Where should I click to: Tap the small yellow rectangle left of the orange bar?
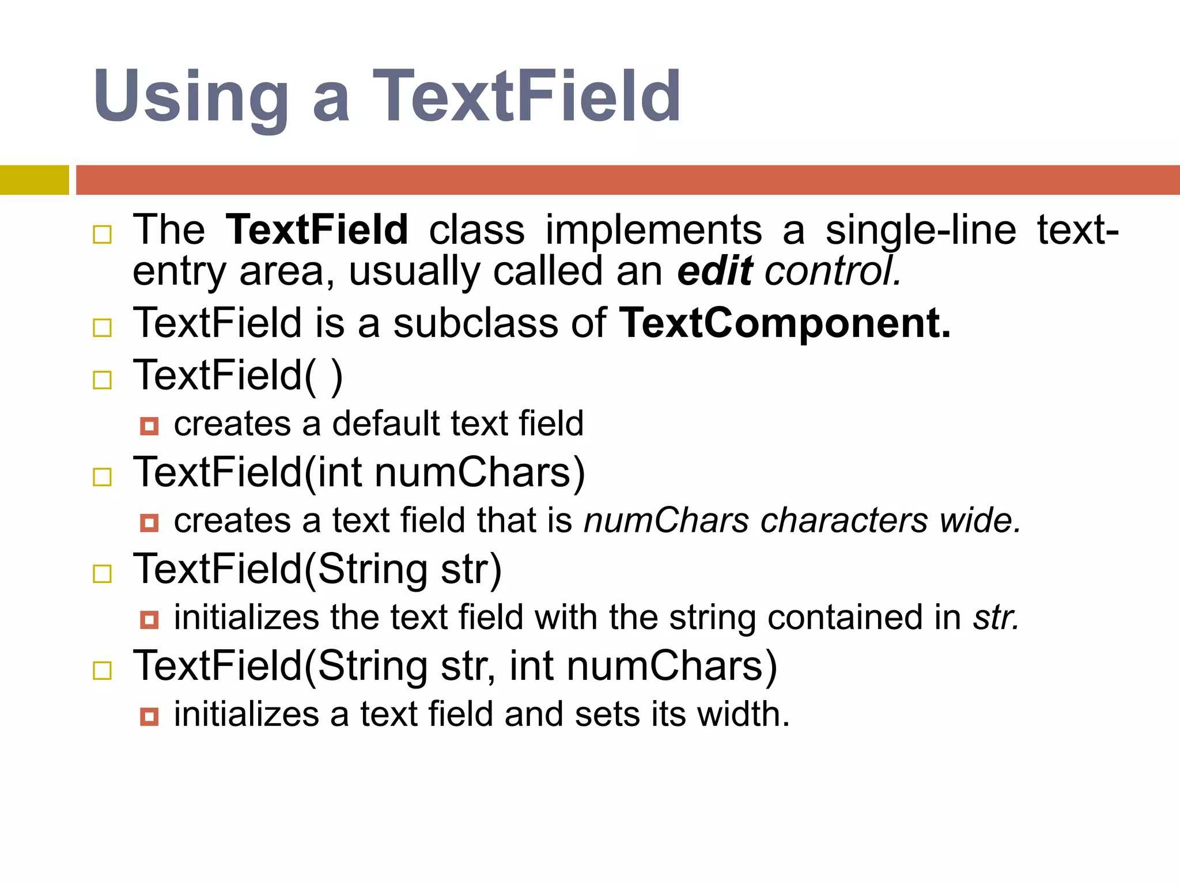pos(34,180)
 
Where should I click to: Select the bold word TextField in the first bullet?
pos(316,230)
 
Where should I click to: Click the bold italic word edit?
pos(714,271)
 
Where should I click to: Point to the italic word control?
pos(832,271)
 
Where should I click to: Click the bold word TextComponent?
pos(784,323)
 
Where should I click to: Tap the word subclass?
pos(476,323)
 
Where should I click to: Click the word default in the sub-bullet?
pos(386,423)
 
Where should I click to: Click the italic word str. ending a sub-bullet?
pos(996,617)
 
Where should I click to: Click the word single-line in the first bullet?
pos(920,230)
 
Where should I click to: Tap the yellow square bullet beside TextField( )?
pos(103,380)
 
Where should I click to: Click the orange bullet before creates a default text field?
pos(149,426)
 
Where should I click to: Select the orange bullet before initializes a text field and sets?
pos(149,717)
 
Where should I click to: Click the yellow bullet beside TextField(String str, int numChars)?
pos(103,671)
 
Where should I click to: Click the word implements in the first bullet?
pos(653,230)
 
